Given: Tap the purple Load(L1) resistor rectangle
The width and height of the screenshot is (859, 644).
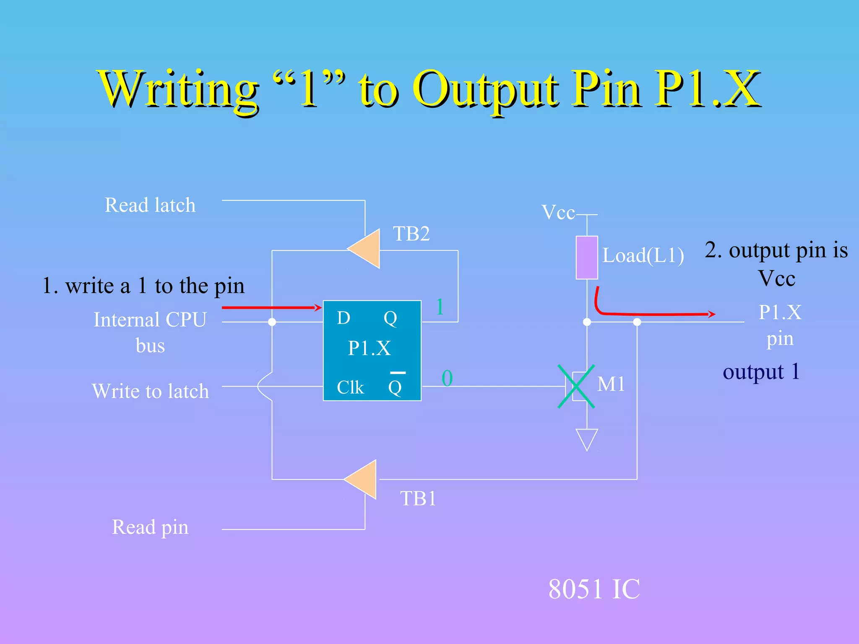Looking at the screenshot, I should [586, 257].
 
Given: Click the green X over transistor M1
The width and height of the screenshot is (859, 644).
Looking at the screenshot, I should [576, 386].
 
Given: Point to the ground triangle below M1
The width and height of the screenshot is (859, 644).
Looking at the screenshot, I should [587, 438].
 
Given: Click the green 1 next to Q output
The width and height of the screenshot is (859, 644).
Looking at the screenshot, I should [440, 307].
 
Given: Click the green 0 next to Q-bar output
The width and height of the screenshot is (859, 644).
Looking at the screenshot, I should [447, 378].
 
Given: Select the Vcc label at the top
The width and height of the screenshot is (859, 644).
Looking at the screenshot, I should [558, 212].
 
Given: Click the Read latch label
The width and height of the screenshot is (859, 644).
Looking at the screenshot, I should [150, 205].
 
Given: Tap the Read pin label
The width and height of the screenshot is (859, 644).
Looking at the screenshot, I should [150, 527].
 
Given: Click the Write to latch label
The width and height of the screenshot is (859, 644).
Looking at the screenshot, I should [150, 391].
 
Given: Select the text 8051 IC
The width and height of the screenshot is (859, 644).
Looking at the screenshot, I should [594, 589].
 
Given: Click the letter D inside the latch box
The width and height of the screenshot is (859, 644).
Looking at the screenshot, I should [344, 318].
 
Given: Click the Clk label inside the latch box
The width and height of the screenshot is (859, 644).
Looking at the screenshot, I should [350, 387].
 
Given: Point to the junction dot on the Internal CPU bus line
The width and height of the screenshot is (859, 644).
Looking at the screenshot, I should [272, 322].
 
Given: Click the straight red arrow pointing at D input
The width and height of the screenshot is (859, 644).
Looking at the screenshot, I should [271, 307].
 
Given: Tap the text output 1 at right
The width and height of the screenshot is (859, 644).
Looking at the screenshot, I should [761, 372].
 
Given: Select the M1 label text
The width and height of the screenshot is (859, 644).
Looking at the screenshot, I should [611, 384].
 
